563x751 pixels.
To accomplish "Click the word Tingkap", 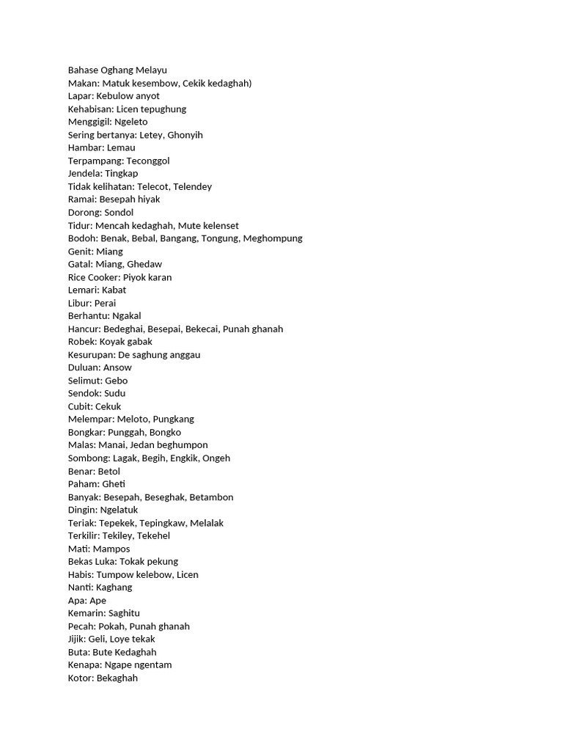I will point(121,174).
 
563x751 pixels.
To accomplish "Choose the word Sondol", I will point(119,213).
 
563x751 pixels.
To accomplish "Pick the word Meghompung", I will point(272,238).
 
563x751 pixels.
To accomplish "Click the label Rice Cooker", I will point(93,277).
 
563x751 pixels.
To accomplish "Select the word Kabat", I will point(114,290).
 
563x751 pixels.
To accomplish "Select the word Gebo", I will point(116,381).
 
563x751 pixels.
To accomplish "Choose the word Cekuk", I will point(108,406).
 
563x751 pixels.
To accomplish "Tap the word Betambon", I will point(211,497).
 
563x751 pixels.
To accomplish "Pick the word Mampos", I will point(111,549).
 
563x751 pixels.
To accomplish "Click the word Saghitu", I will point(124,613).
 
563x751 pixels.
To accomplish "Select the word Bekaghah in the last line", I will point(117,678).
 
